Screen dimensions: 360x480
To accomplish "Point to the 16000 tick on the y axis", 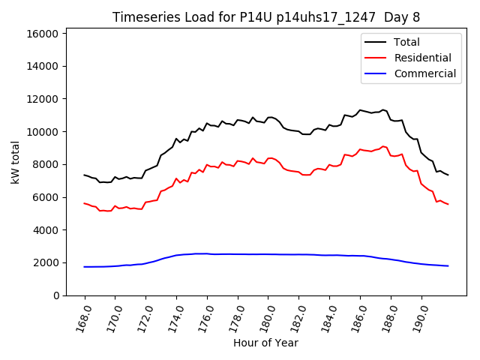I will click(x=42, y=34).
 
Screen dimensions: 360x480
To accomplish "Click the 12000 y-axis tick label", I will click(x=42, y=99).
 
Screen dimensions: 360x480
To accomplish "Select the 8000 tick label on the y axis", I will click(x=45, y=164).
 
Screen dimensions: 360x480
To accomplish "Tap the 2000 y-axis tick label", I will click(x=45, y=262).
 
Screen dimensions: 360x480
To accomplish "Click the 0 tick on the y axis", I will click(x=55, y=295).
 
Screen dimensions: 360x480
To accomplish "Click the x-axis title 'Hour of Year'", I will click(x=265, y=343).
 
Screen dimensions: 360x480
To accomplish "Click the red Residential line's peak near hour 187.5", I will click(x=382, y=146).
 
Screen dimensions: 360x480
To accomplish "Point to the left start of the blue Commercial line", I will click(x=85, y=267).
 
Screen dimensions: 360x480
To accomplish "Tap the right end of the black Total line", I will click(x=448, y=175).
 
